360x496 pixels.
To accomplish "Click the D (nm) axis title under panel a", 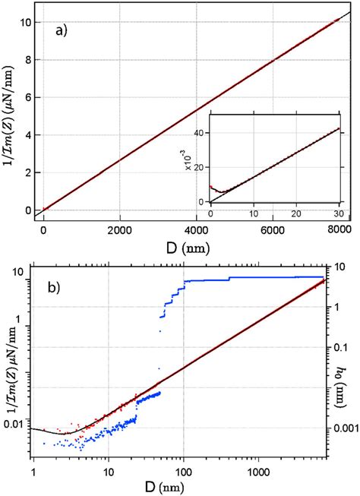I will (x=186, y=245).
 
